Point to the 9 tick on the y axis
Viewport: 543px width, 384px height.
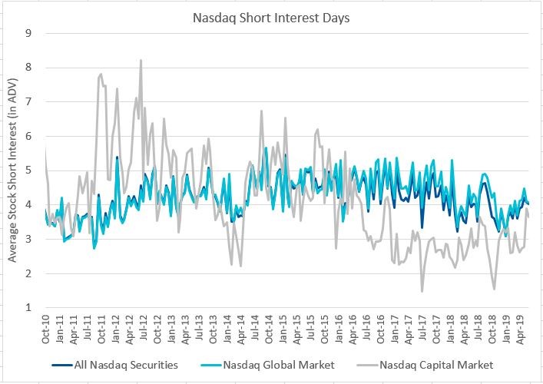click(x=28, y=33)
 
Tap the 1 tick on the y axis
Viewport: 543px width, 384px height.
click(x=28, y=308)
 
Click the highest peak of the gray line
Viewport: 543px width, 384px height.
click(x=141, y=60)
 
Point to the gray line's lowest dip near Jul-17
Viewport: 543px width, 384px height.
click(x=422, y=291)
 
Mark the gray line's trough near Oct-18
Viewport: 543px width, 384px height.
click(x=494, y=289)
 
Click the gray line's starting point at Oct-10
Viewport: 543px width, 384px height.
click(x=45, y=146)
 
